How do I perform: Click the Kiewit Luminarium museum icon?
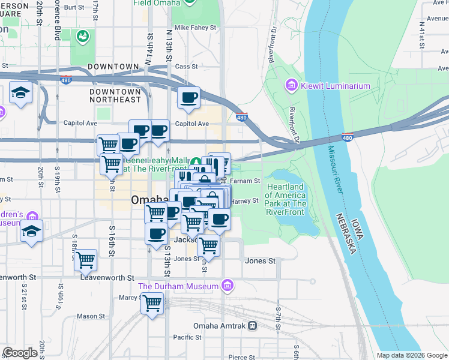pos(292,86)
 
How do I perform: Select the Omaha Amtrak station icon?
pos(253,326)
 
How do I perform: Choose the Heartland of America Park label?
pos(286,196)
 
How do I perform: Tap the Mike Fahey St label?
pos(195,28)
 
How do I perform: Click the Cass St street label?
pos(187,67)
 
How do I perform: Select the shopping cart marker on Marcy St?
pos(152,303)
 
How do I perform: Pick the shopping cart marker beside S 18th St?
pos(86,259)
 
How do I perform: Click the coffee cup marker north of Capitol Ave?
pos(188,97)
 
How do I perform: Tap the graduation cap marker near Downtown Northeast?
pos(21,93)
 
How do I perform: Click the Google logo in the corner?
pos(20,353)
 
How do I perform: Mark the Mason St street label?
pos(91,316)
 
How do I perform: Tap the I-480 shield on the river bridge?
pos(347,137)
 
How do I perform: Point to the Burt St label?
pos(74,7)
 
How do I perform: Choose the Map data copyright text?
pos(412,355)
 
